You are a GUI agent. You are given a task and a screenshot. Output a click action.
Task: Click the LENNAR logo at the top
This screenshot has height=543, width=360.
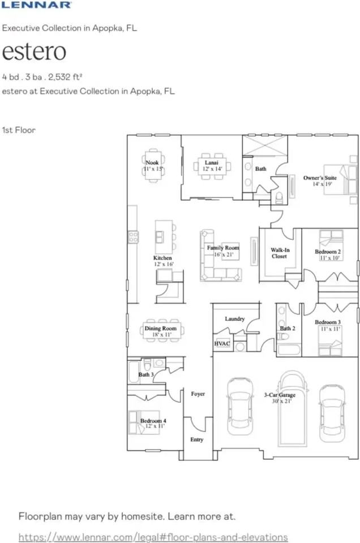(x=36, y=5)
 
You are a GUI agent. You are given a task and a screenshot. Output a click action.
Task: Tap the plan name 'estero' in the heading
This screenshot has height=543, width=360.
(x=34, y=51)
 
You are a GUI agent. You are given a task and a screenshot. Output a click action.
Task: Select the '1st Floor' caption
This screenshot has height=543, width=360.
(x=19, y=130)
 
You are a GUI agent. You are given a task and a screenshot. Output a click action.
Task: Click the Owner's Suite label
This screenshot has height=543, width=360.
(x=320, y=178)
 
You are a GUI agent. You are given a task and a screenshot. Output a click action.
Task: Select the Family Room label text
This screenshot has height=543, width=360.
(x=222, y=248)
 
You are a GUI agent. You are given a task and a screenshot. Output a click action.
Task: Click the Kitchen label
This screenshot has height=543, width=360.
(x=163, y=257)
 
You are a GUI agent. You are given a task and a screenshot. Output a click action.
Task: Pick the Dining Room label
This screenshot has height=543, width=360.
(x=161, y=329)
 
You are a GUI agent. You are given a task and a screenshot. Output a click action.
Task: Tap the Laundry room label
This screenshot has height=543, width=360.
(x=234, y=319)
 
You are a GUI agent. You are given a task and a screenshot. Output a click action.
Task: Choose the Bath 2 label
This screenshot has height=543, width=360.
(x=288, y=329)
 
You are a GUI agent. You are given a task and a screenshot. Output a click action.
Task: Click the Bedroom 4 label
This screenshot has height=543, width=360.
(x=153, y=421)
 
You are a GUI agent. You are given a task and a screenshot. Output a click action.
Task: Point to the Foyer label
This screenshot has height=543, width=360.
(x=198, y=394)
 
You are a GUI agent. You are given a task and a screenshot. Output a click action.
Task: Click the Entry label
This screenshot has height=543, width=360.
(x=197, y=440)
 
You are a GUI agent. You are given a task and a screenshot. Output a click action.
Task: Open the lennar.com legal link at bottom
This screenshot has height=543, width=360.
(x=153, y=536)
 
